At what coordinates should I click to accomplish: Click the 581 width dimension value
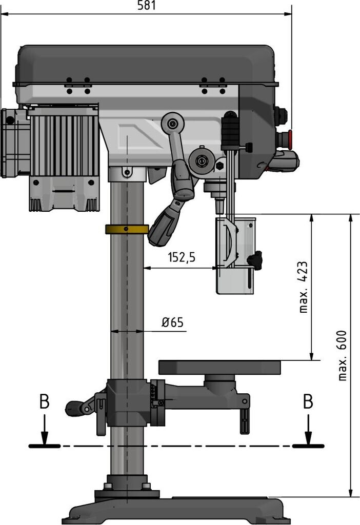[x=146, y=6]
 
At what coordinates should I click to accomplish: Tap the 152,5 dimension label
[x=182, y=257]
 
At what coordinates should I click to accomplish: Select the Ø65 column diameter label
[x=172, y=322]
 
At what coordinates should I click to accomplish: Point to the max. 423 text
[x=304, y=287]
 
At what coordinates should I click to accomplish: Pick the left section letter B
[x=45, y=402]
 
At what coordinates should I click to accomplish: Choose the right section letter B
[x=308, y=402]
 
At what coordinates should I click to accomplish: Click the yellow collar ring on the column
[x=127, y=229]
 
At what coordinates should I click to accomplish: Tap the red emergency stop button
[x=290, y=139]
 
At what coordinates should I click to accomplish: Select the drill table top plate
[x=220, y=367]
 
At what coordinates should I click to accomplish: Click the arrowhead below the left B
[x=45, y=438]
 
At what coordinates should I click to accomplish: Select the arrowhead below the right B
[x=308, y=438]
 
